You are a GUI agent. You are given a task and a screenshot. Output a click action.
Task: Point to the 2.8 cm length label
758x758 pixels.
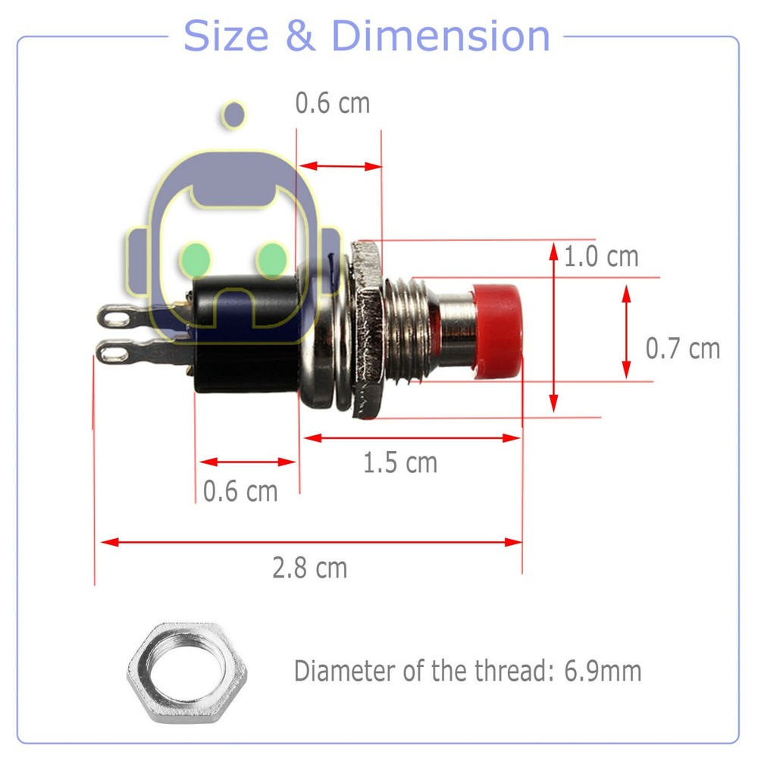pos(309,567)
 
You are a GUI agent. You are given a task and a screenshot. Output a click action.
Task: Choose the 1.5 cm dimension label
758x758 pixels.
pos(399,462)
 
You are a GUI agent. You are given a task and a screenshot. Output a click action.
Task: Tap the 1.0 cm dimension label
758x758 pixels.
pos(601,257)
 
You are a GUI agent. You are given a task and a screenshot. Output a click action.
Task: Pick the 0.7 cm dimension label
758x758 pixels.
pos(682,349)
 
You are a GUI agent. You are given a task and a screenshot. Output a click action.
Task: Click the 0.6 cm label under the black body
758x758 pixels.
pos(240,491)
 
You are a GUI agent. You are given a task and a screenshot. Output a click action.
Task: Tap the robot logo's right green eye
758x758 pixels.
pos(271,258)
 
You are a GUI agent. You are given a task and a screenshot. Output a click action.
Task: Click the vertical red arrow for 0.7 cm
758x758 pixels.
pos(626,330)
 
